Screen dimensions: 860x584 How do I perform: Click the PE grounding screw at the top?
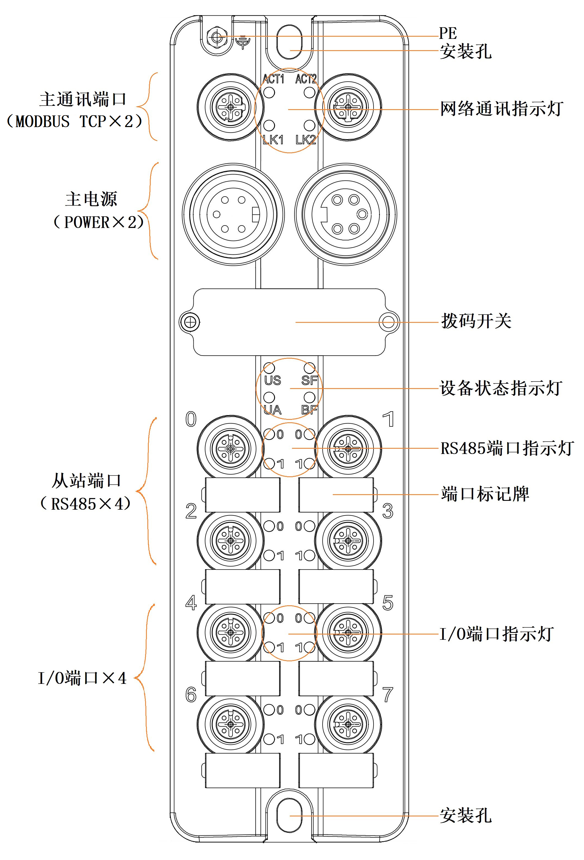click(217, 37)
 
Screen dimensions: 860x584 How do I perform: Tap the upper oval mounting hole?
click(289, 42)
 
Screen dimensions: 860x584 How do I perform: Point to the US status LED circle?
click(269, 368)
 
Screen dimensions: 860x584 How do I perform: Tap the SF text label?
click(309, 380)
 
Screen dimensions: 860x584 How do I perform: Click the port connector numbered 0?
click(230, 448)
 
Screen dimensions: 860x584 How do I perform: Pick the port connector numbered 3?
click(348, 541)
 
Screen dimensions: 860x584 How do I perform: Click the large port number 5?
click(388, 603)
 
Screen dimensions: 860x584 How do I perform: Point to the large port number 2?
click(191, 511)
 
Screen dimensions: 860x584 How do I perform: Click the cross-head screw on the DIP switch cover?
click(190, 322)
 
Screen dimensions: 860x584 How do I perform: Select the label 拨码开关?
click(476, 321)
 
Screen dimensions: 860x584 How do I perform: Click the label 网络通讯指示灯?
click(501, 109)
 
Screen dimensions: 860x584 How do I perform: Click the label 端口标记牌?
click(485, 494)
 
